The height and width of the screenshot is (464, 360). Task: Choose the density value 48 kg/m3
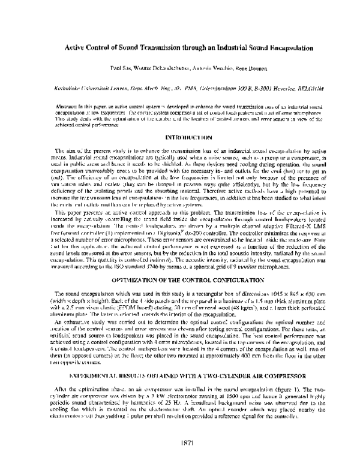227,290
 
